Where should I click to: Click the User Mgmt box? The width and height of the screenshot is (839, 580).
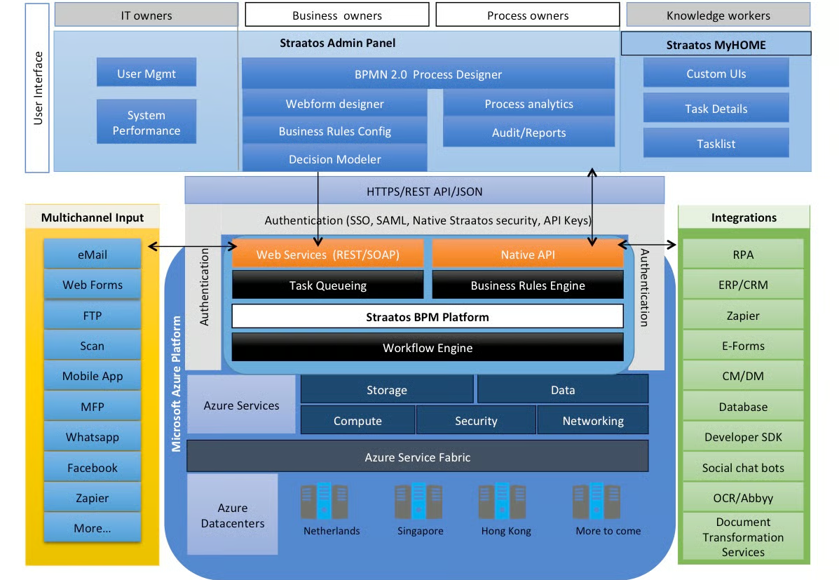click(146, 73)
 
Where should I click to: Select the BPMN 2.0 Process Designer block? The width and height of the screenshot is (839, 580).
click(428, 74)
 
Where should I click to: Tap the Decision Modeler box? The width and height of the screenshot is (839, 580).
click(334, 159)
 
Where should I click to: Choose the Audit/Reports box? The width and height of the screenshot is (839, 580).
click(528, 133)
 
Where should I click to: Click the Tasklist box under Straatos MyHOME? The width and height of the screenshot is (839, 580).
click(716, 143)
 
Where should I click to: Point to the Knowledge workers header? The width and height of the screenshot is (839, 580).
click(718, 15)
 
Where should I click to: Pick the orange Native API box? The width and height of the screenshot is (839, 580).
click(527, 255)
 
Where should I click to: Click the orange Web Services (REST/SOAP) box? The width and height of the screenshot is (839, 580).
click(327, 255)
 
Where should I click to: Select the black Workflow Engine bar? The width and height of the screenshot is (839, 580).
click(428, 348)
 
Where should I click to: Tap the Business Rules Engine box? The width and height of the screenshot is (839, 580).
click(527, 285)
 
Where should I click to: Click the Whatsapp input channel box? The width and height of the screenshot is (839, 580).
click(93, 437)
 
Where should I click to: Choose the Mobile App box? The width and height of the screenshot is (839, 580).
click(93, 376)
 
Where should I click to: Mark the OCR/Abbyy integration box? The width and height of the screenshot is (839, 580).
click(743, 498)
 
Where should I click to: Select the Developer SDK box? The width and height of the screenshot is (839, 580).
click(743, 437)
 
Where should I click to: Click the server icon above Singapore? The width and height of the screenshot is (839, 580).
click(418, 501)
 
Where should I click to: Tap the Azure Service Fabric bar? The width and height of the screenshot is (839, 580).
click(417, 457)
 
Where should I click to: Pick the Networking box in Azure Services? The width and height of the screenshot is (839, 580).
click(592, 421)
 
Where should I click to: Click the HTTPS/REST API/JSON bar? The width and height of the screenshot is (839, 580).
click(424, 191)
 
